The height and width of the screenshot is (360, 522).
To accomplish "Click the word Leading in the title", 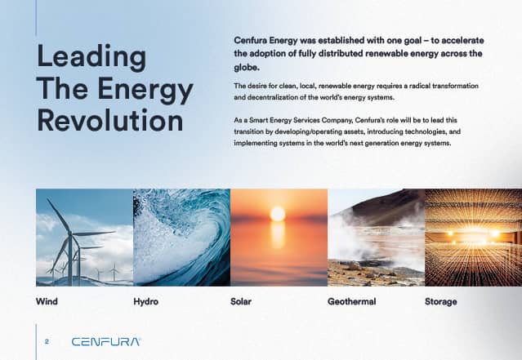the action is tap(91, 57).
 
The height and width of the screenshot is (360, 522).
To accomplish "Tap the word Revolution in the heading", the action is tap(110, 120).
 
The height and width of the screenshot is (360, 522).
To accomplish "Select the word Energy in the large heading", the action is tap(145, 89).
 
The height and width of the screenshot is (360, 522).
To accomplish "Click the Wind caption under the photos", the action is tap(47, 301).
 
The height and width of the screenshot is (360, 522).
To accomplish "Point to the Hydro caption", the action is tap(145, 301).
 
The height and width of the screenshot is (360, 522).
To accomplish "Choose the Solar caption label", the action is tap(241, 301).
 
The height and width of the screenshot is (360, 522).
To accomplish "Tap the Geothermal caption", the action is tap(351, 301).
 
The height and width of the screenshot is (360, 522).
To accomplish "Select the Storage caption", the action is tap(441, 302).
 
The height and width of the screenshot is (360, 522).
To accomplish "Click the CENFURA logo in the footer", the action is tap(106, 342).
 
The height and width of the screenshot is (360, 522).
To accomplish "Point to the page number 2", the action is tap(47, 341).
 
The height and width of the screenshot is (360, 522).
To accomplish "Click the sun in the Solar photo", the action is tap(277, 214).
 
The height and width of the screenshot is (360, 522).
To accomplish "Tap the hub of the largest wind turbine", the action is tap(70, 233).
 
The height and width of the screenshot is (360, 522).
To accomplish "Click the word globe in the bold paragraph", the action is tap(245, 68).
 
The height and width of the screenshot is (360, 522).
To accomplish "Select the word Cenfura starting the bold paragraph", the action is tap(250, 40).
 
